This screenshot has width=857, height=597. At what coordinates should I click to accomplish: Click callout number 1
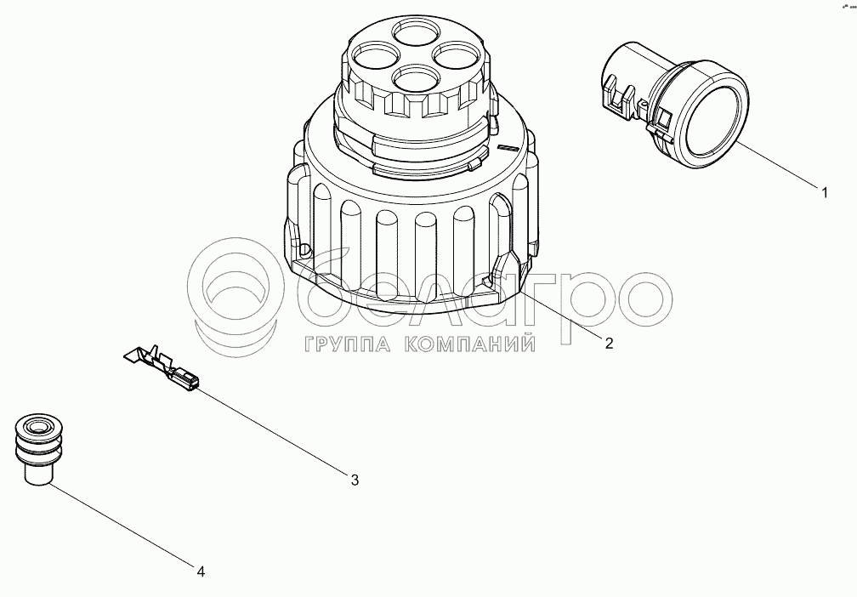[825, 192]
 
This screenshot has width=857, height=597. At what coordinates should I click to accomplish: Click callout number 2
[609, 344]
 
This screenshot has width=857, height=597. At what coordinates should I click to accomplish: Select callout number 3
[355, 480]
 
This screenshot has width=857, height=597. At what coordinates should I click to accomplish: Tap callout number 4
[201, 572]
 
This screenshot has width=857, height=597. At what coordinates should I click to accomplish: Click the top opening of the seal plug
[37, 426]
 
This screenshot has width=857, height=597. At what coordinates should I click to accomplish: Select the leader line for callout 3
[273, 430]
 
